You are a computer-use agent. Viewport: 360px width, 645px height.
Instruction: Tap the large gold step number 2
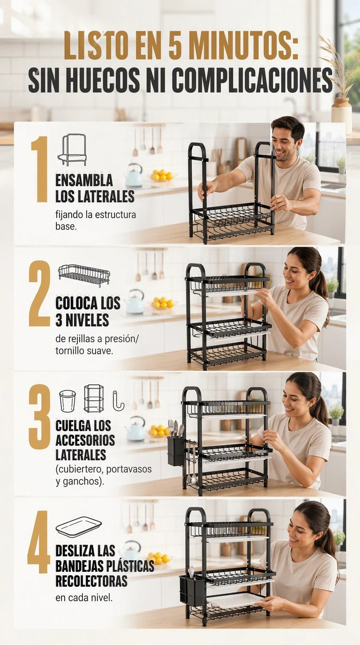[x=40, y=293]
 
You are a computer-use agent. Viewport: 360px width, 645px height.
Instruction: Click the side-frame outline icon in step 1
[x=72, y=150]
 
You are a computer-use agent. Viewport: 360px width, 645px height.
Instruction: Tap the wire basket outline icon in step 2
[x=84, y=276]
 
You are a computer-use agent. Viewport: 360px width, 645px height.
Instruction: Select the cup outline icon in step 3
[x=67, y=401]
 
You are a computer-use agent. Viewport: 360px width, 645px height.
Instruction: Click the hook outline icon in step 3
[x=119, y=400]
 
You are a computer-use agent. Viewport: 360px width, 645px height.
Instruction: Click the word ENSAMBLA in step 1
[x=84, y=181]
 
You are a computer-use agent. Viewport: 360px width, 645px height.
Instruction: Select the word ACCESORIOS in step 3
[x=85, y=440]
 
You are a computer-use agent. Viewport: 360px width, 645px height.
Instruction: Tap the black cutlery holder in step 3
[x=176, y=451]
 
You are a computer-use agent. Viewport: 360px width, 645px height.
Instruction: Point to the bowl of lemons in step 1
[x=162, y=175]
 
